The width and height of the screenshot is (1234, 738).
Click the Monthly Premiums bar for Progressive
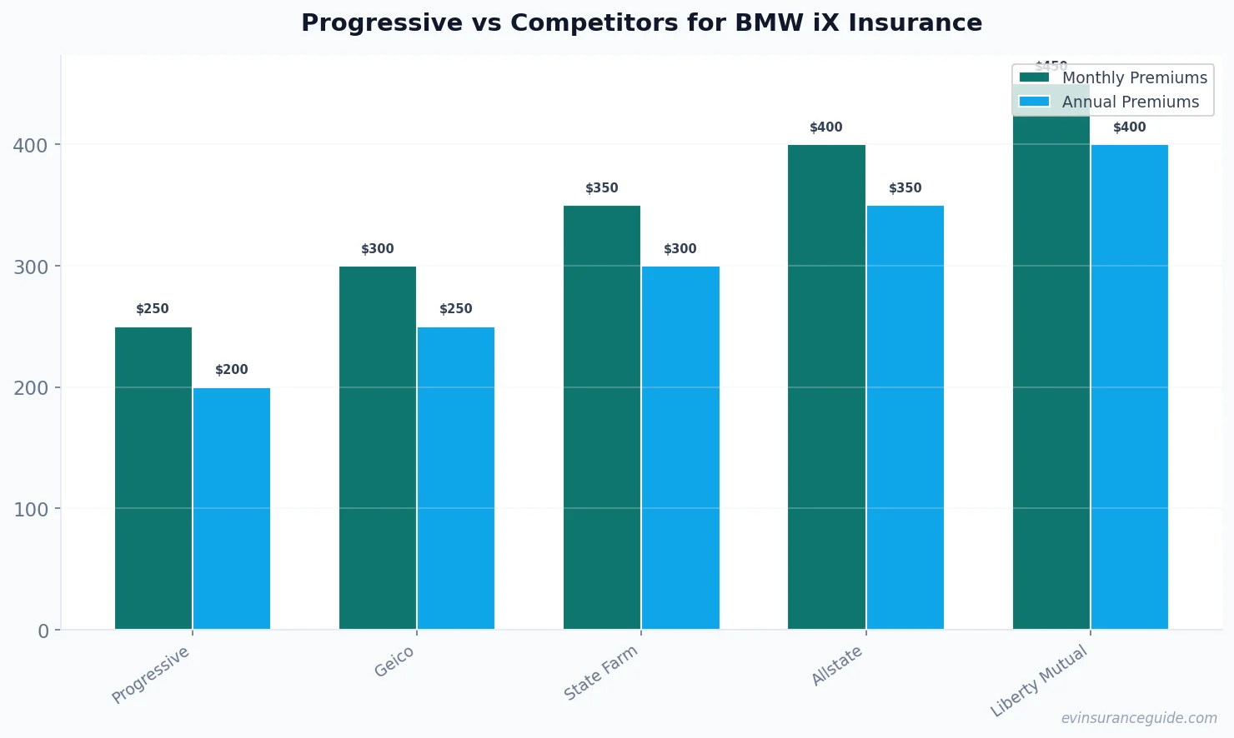tap(153, 478)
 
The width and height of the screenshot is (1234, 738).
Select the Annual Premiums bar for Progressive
tap(232, 508)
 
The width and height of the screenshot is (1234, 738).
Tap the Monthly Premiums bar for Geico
tap(378, 447)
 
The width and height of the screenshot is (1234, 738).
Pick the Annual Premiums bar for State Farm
tap(680, 447)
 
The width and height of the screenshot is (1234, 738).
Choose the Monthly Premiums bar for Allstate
tap(826, 387)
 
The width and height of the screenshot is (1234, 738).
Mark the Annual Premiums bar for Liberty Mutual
tap(1130, 387)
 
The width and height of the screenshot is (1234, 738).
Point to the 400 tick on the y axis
tap(31, 146)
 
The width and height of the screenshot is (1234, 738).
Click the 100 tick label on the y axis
tap(31, 509)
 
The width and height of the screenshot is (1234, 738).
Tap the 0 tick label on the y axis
tap(43, 631)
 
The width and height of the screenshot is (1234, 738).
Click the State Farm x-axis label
tap(600, 673)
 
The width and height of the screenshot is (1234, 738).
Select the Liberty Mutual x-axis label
tap(1039, 681)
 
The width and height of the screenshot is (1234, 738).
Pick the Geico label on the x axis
tap(394, 662)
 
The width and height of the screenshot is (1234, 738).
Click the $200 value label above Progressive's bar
tap(232, 370)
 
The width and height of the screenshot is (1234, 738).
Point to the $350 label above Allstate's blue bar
tap(905, 188)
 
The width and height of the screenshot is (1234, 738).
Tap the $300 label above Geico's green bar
tap(378, 249)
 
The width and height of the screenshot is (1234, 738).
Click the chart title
tap(641, 22)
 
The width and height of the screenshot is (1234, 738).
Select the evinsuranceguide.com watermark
tap(1139, 718)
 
